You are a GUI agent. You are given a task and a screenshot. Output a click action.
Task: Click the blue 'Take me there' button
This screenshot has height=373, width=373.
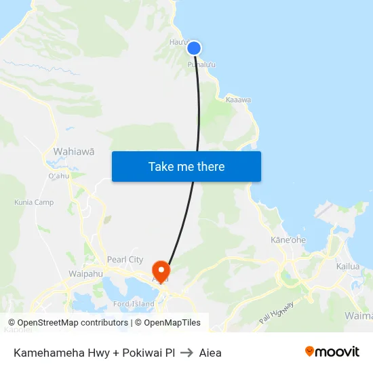click(186, 166)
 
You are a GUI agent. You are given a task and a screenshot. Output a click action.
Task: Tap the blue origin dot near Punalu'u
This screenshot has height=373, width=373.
click(194, 47)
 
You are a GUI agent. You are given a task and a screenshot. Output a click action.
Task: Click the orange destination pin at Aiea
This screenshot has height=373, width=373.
click(161, 270)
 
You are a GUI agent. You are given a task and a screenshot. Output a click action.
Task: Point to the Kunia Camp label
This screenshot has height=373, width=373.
click(34, 202)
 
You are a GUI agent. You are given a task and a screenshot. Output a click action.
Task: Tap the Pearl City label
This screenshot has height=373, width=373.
click(125, 260)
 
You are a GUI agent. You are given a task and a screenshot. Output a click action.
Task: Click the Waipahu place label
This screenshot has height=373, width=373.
click(85, 274)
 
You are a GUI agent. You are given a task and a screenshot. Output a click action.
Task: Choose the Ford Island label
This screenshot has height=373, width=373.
click(134, 304)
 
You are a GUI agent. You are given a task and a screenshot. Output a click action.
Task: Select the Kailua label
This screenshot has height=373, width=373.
click(348, 267)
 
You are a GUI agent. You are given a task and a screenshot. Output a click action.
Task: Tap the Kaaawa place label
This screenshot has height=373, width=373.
click(239, 100)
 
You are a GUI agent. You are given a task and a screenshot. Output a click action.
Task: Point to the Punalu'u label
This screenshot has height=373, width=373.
click(202, 64)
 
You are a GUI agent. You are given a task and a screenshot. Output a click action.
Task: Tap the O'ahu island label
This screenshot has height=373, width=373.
click(59, 176)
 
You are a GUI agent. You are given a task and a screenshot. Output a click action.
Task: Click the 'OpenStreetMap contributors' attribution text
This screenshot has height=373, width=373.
click(73, 323)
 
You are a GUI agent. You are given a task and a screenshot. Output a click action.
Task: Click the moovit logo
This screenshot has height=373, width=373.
click(332, 352)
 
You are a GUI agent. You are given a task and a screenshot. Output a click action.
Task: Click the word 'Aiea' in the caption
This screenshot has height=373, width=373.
click(210, 353)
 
